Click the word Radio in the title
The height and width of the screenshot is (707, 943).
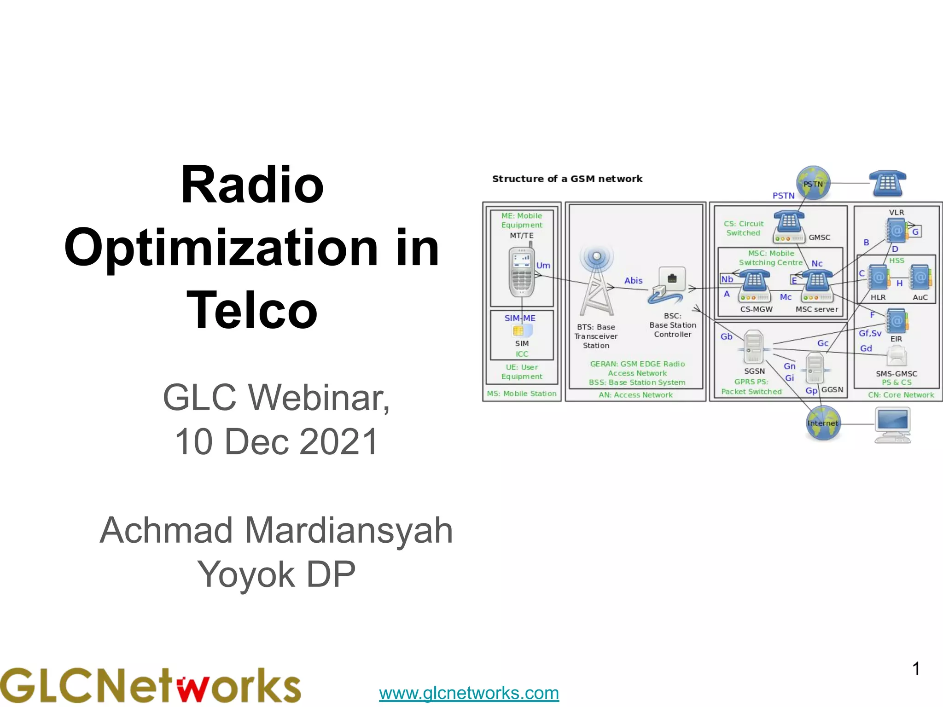tap(252, 185)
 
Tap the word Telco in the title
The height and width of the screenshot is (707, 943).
tap(252, 310)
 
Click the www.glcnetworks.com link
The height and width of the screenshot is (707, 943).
tap(469, 693)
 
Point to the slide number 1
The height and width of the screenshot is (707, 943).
tap(916, 668)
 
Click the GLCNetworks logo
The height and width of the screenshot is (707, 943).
tap(150, 685)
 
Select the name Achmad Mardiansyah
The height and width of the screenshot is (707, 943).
tap(276, 530)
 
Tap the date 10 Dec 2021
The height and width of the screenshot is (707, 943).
tap(276, 441)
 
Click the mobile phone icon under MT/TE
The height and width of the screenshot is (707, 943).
tap(522, 273)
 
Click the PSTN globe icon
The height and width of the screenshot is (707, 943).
tap(814, 183)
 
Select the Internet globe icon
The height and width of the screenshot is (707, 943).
tap(823, 423)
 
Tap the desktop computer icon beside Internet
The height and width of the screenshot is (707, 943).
tap(892, 425)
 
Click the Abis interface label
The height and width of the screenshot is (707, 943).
tap(633, 280)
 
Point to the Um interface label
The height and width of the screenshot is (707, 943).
tap(543, 266)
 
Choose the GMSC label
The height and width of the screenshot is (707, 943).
tap(820, 238)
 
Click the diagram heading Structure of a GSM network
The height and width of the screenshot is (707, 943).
tap(567, 179)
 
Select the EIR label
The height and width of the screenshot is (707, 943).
tap(896, 339)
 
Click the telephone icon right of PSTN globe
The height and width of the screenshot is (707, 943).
tap(887, 183)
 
